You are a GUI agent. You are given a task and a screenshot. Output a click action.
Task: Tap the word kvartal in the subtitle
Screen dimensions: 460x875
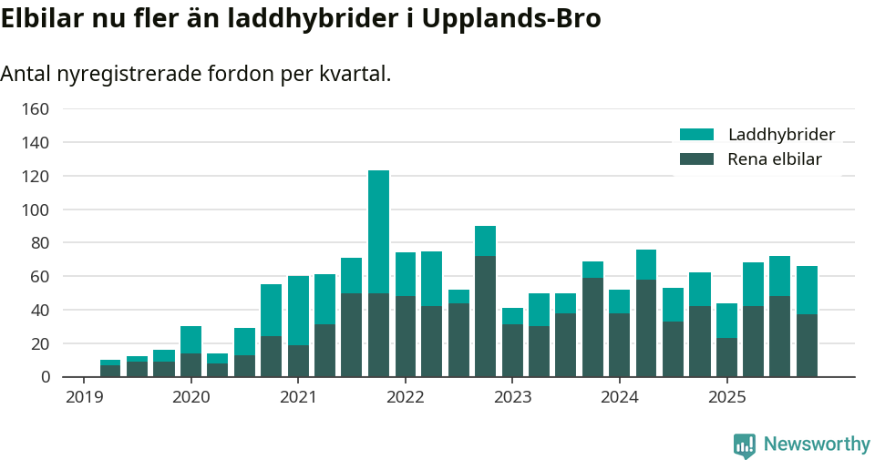pyautogui.click(x=352, y=74)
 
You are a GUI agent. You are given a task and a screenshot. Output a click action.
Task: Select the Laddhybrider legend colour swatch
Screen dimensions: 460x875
pyautogui.click(x=696, y=135)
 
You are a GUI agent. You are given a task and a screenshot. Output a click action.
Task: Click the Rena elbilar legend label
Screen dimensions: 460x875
pyautogui.click(x=775, y=159)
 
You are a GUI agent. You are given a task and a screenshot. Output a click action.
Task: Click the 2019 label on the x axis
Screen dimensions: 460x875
pyautogui.click(x=84, y=397)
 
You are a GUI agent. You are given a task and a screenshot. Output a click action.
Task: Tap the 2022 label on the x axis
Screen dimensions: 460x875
pyautogui.click(x=406, y=397)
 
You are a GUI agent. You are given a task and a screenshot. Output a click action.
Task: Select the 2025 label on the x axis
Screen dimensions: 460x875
pyautogui.click(x=727, y=397)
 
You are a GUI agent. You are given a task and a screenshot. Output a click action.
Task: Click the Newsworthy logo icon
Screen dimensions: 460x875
pyautogui.click(x=744, y=445)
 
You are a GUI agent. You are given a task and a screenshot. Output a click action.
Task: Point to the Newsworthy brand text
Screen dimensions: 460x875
pyautogui.click(x=817, y=445)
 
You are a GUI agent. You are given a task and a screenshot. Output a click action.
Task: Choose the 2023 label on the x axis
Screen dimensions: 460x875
pyautogui.click(x=512, y=397)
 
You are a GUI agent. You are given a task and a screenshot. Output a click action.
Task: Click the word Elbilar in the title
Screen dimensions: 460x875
pyautogui.click(x=40, y=20)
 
